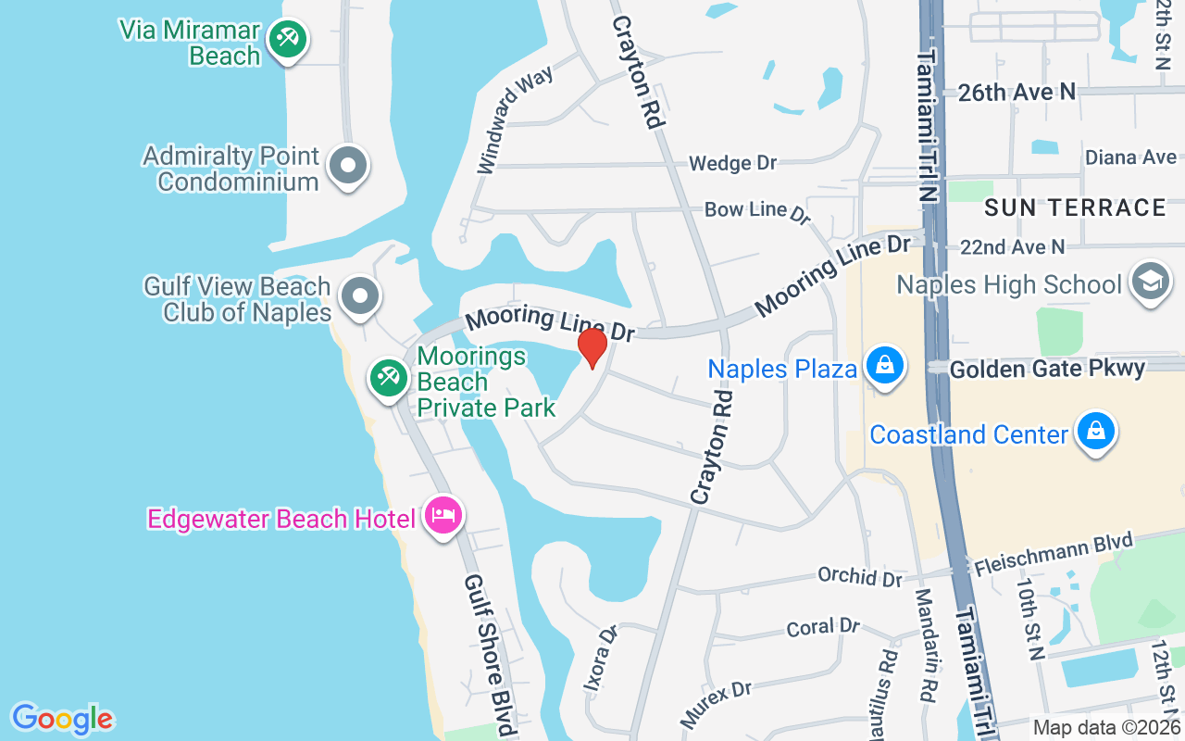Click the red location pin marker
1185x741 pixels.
point(592,348)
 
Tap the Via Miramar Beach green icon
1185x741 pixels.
point(288,40)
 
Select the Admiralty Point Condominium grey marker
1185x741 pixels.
point(349,167)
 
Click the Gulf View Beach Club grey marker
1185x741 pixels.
point(359,296)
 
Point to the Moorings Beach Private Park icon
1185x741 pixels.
point(389,377)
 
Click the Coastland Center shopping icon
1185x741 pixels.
point(1096,432)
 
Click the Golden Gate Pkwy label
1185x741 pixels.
point(1048,368)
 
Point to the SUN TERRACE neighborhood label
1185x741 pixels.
point(1075,207)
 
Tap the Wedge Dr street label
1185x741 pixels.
point(732,164)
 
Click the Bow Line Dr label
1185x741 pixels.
point(756,211)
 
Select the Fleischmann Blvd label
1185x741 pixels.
point(1053,554)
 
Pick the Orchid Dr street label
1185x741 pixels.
point(859,576)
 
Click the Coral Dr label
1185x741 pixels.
point(823,628)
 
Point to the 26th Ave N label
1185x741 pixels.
point(1017,92)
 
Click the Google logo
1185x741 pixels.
point(62,719)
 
